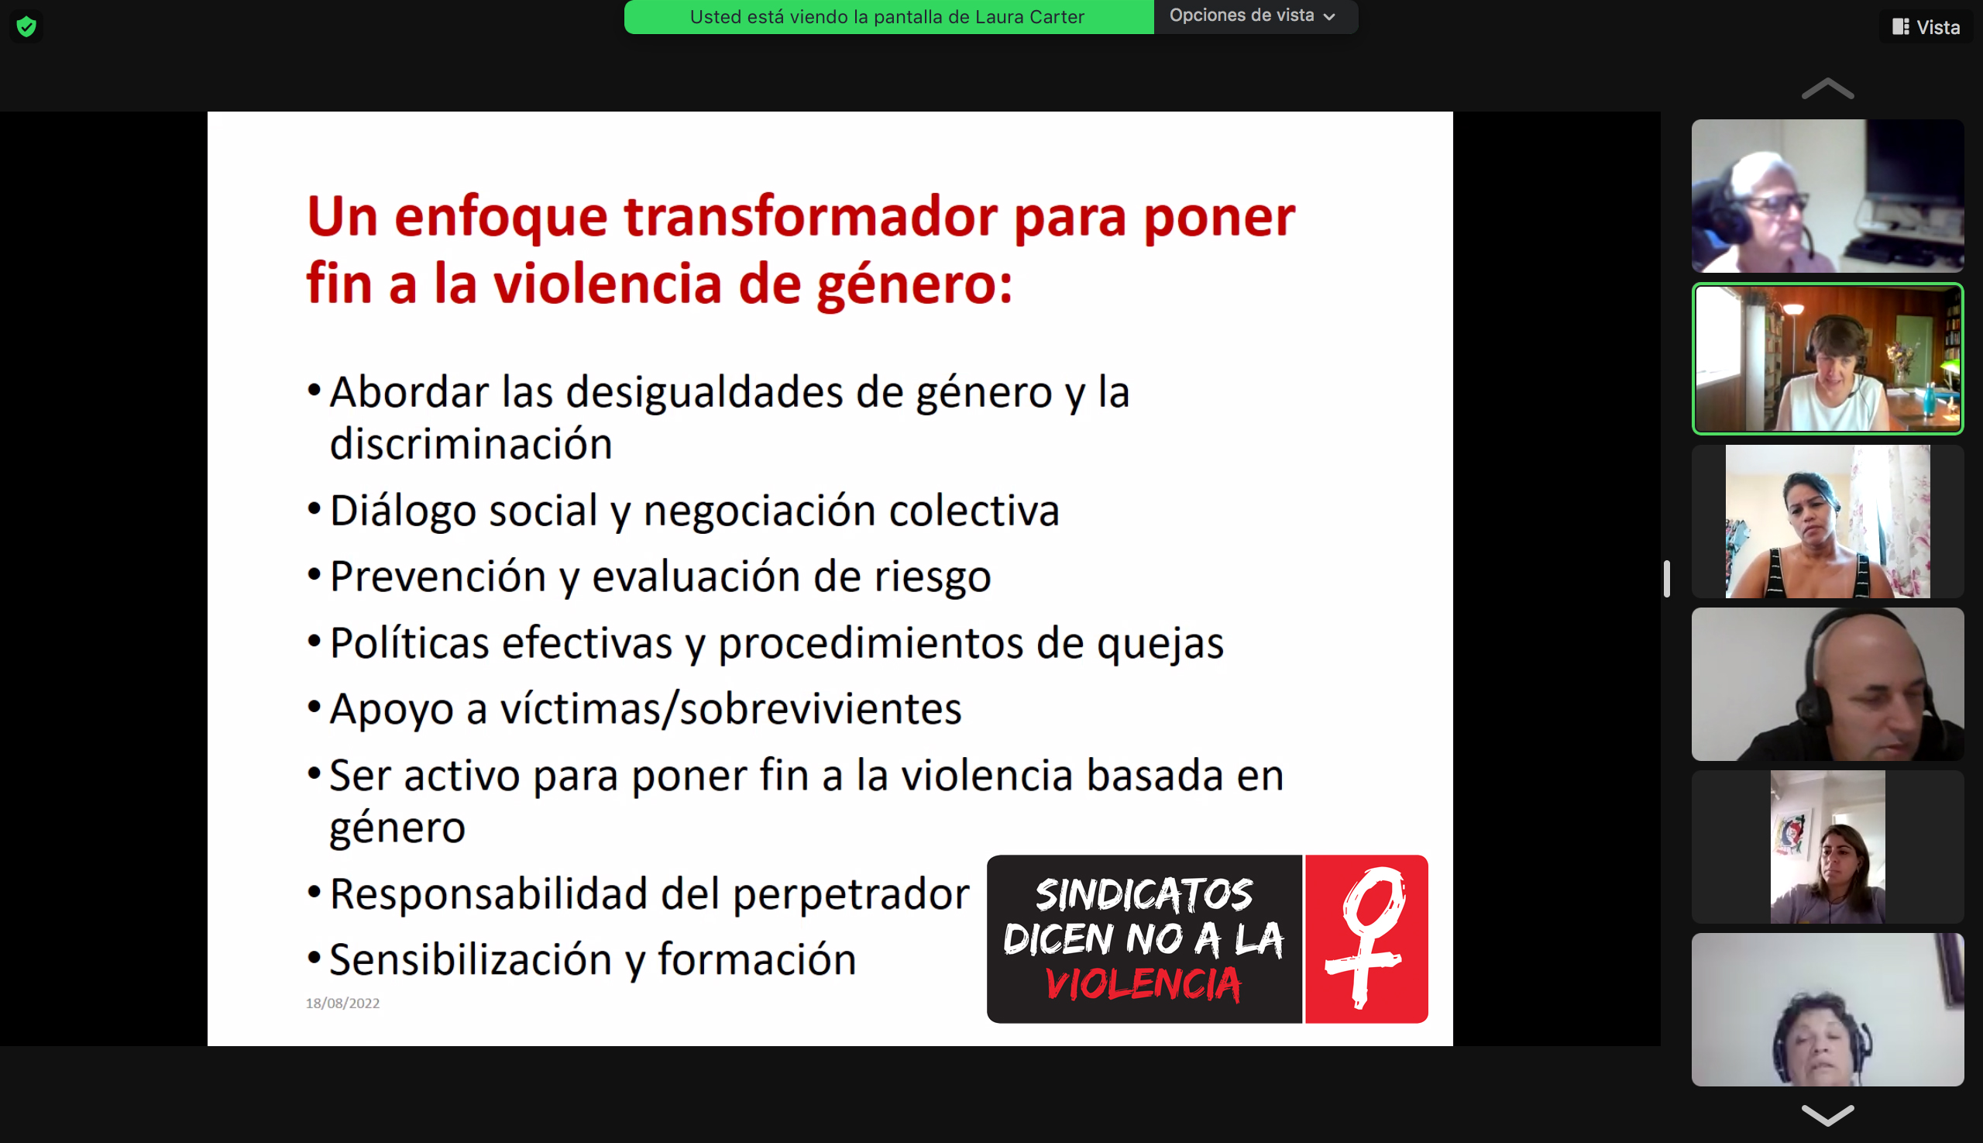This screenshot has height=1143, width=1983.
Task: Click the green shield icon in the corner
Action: pyautogui.click(x=26, y=26)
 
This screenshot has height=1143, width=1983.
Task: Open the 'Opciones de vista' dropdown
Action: pyautogui.click(x=1253, y=15)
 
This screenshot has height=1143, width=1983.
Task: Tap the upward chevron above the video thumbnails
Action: pyautogui.click(x=1827, y=88)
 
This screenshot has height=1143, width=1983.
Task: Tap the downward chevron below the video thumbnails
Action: pyautogui.click(x=1827, y=1115)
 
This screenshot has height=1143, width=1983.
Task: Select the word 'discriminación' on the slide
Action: pyautogui.click(x=471, y=444)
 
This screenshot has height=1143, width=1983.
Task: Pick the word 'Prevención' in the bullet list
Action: pyautogui.click(x=438, y=577)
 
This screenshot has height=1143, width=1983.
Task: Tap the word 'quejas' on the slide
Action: pyautogui.click(x=1160, y=645)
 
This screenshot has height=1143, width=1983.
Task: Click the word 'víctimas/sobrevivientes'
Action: pyautogui.click(x=730, y=709)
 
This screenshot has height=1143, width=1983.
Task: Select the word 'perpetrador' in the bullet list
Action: pyautogui.click(x=851, y=895)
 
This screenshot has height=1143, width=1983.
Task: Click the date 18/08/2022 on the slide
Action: pyautogui.click(x=343, y=1004)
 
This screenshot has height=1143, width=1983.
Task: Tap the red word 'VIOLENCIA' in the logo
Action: pyautogui.click(x=1143, y=983)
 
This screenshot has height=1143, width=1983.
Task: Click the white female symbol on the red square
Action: pyautogui.click(x=1366, y=938)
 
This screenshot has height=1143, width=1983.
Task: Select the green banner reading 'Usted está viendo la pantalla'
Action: pyautogui.click(x=888, y=16)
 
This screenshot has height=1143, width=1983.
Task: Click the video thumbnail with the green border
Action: pyautogui.click(x=1827, y=359)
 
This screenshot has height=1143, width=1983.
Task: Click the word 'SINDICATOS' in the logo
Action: pyautogui.click(x=1143, y=894)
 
